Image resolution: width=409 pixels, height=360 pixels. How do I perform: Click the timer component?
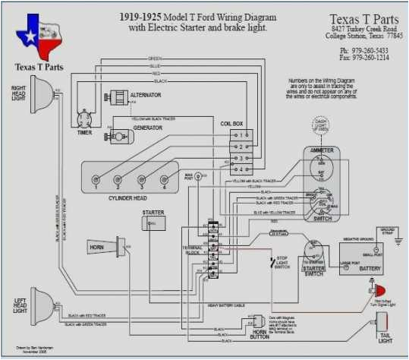84,117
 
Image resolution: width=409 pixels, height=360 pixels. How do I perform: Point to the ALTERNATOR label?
146,95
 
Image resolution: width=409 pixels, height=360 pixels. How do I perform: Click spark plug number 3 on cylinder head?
141,181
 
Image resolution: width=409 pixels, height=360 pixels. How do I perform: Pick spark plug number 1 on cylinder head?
96,181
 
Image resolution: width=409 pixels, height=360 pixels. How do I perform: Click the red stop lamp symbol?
379,290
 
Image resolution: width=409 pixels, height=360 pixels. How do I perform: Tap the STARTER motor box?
155,222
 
